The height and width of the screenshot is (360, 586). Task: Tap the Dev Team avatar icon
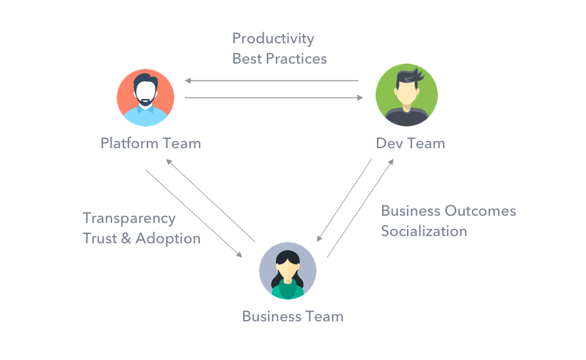pos(406,96)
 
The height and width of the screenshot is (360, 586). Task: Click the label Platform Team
pos(151,143)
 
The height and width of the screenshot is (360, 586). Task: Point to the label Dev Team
pos(410,143)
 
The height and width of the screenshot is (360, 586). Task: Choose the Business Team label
pos(292,316)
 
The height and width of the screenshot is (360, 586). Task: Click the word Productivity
pos(273,39)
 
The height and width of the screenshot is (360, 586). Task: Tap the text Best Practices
pos(279,58)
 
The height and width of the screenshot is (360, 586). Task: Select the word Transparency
pos(129,218)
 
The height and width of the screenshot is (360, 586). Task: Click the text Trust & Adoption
pos(142,238)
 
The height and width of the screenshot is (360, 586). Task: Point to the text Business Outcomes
pos(448,211)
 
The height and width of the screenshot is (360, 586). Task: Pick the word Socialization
pos(424,231)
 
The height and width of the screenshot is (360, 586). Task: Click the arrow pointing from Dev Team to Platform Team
pos(271,81)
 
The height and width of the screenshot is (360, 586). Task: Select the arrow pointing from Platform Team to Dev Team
pos(274,98)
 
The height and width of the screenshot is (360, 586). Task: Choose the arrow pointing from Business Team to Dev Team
pos(360,207)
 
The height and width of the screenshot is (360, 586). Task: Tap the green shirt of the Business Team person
pos(288,289)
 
